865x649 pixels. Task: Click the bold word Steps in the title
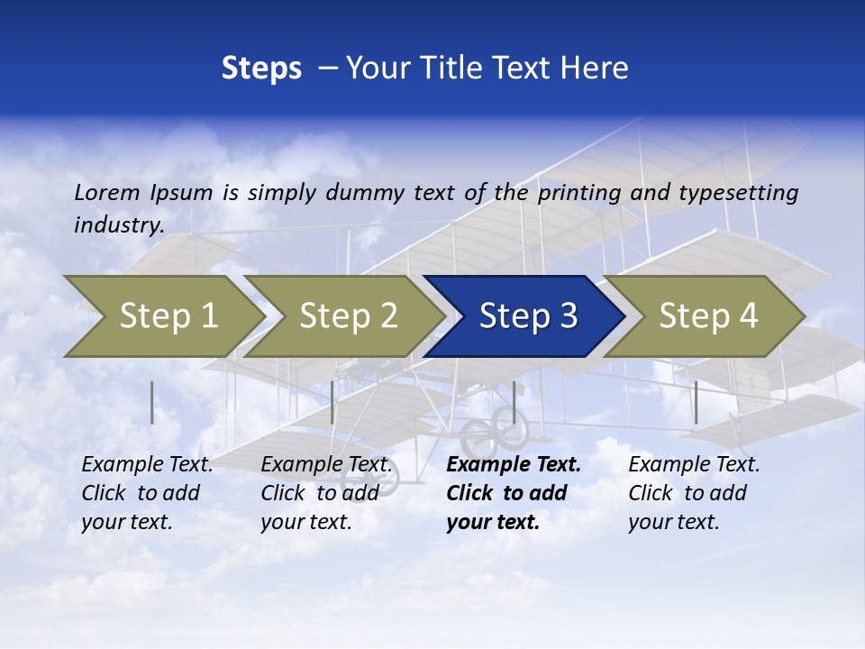261,69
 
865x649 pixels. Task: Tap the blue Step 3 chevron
528,316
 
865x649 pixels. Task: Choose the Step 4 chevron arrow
708,316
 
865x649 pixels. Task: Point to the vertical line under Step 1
152,402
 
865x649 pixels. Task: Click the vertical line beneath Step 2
332,402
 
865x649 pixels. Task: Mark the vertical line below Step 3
514,402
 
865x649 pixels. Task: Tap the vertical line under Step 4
697,402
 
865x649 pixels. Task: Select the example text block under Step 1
147,493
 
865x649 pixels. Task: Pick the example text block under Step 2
326,493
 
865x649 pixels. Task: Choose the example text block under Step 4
694,493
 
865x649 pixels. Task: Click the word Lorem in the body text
107,192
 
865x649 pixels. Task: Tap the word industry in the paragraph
118,225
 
